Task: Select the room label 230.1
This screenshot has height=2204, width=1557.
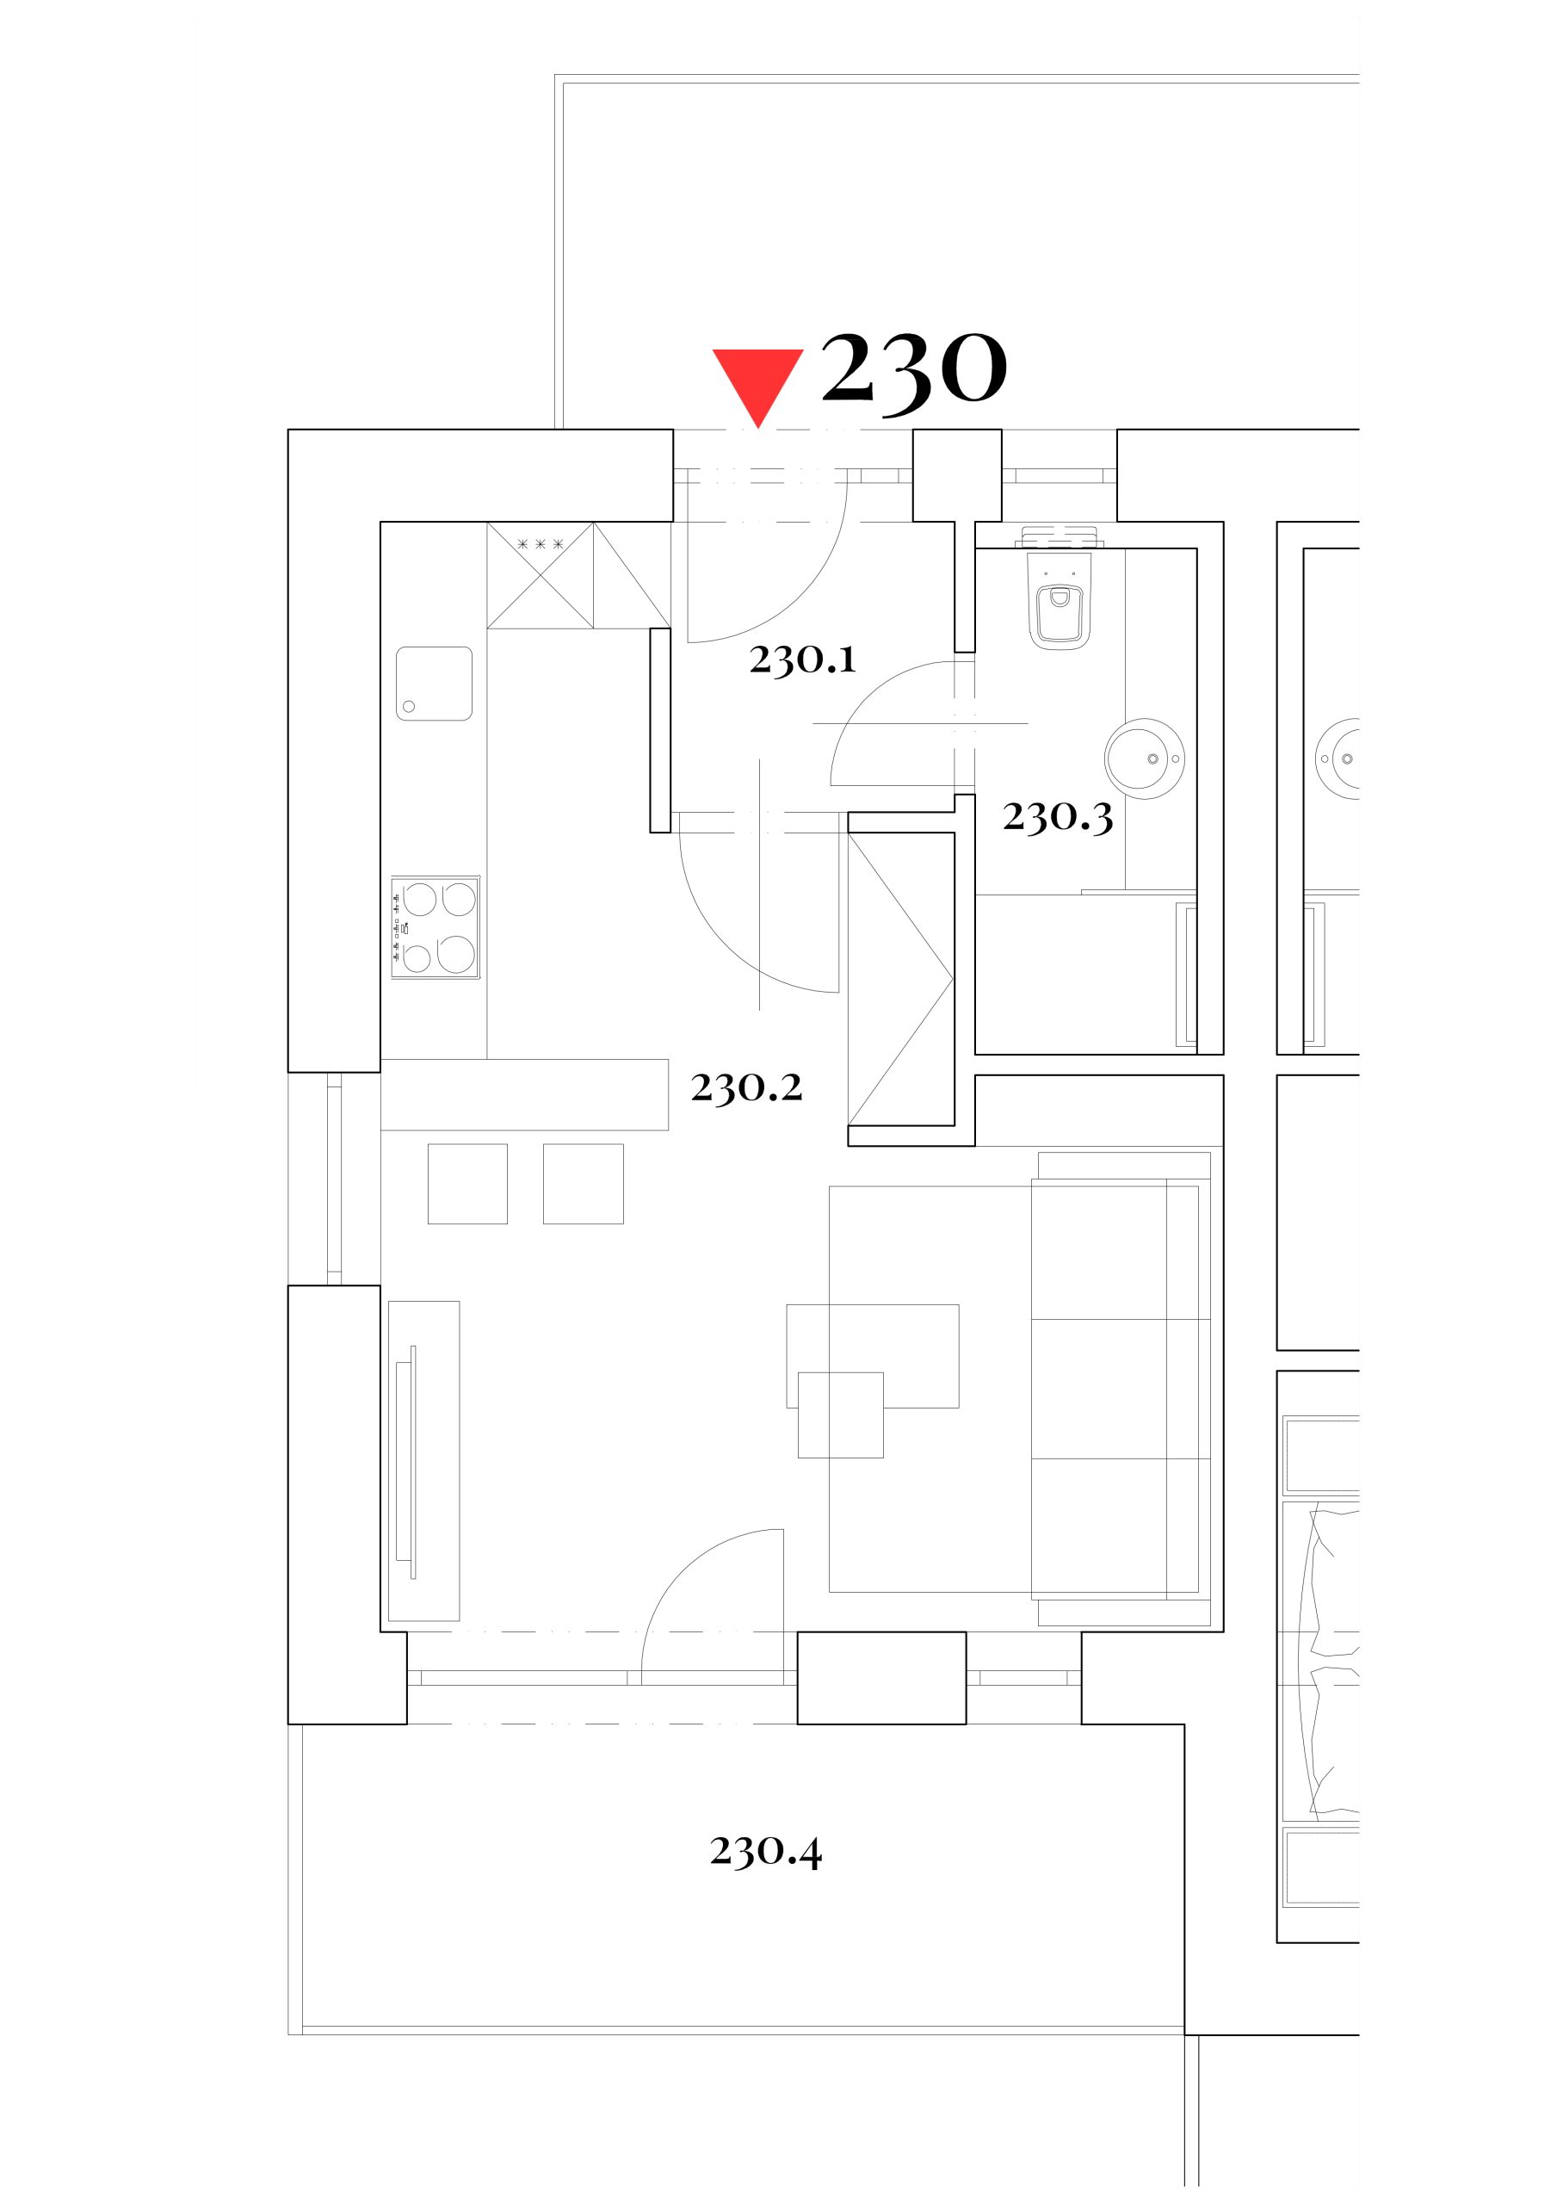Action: click(802, 659)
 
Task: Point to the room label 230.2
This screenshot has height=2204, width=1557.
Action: click(746, 1087)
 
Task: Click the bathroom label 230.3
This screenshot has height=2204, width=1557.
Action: click(1058, 817)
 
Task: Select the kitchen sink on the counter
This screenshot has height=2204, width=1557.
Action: click(434, 684)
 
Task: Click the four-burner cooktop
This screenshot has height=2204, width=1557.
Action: click(435, 928)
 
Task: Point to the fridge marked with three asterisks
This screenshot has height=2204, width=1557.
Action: click(540, 575)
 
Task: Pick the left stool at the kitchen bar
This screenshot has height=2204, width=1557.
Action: click(467, 1184)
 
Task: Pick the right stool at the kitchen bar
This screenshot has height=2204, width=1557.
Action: click(583, 1184)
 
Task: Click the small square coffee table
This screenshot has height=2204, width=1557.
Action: click(841, 1415)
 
